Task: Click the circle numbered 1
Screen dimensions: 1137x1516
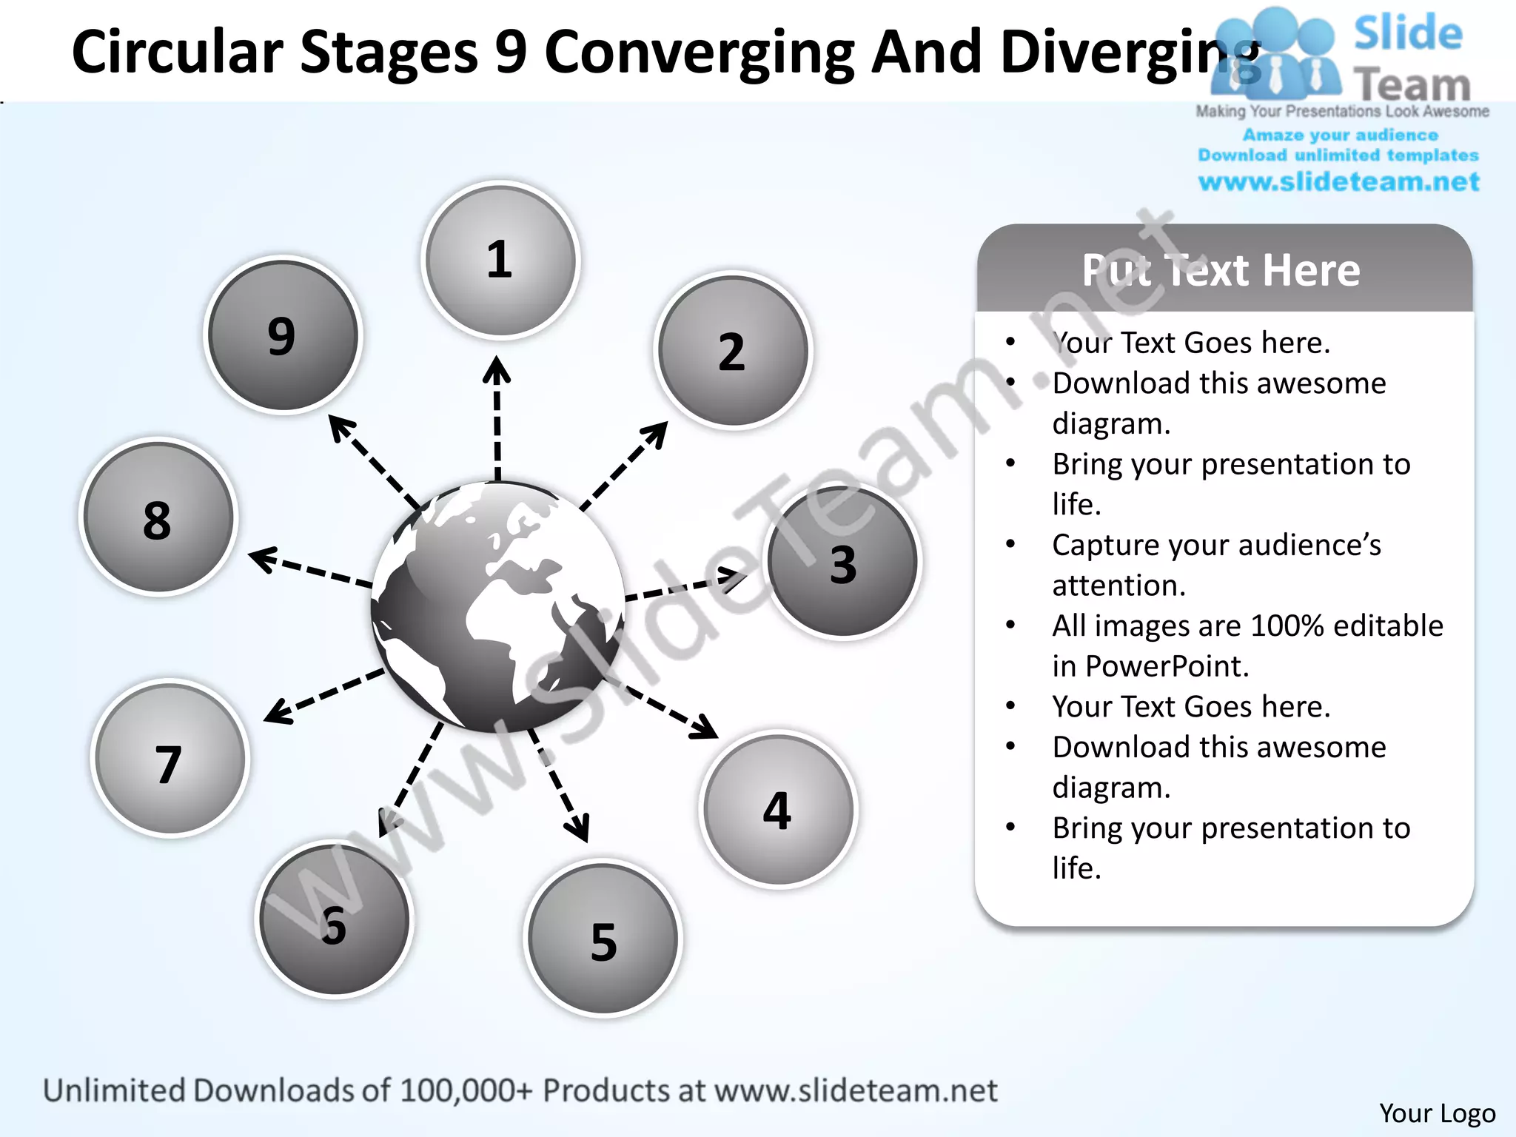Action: [500, 261]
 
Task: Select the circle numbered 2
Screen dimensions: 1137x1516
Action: [733, 351]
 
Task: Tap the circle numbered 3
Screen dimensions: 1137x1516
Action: [842, 563]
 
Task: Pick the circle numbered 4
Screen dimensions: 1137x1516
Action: [778, 810]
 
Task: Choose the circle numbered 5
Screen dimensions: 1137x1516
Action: [603, 939]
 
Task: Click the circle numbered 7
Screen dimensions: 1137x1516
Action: [170, 759]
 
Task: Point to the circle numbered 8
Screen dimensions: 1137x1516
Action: [158, 517]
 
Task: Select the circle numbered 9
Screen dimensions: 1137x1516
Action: [282, 335]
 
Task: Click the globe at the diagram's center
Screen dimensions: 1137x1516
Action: [497, 607]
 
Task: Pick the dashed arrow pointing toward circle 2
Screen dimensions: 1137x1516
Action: [625, 466]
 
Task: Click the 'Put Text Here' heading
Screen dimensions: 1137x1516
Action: [1221, 270]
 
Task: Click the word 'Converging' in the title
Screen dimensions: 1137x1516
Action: [699, 52]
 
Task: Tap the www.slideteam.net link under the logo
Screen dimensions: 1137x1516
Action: [1338, 182]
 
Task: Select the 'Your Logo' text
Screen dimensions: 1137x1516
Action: [1437, 1113]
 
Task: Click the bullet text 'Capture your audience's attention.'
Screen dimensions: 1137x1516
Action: [1216, 565]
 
